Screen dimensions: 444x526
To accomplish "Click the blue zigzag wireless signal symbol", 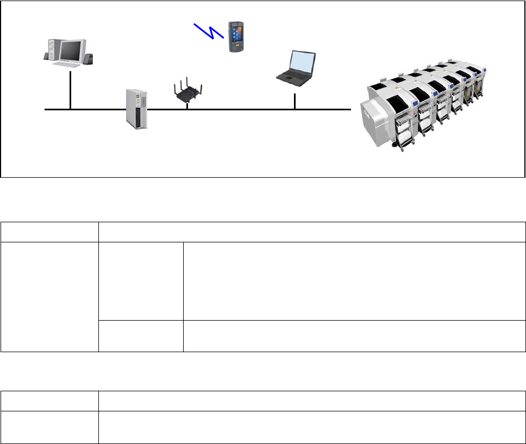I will pyautogui.click(x=209, y=30).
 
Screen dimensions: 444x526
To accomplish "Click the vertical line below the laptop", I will pyautogui.click(x=295, y=102).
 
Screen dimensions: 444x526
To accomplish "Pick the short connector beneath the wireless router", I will pyautogui.click(x=187, y=106).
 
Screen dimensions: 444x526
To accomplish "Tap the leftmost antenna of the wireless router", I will pyautogui.click(x=174, y=89).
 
